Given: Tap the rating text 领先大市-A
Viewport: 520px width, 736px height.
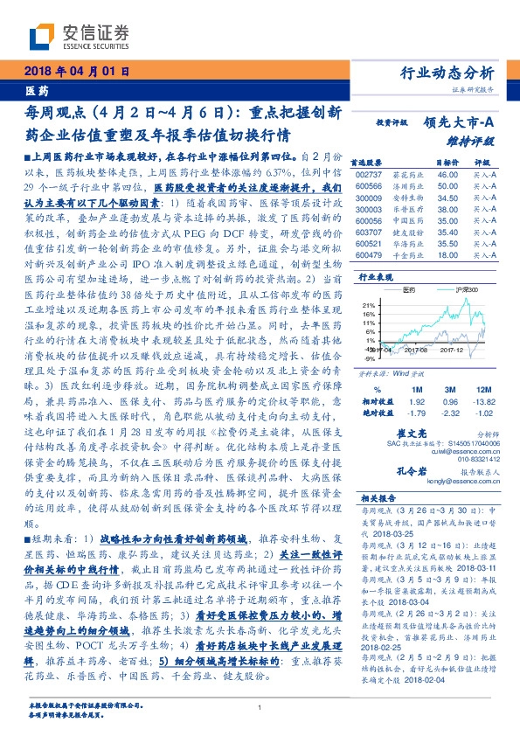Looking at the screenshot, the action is (x=461, y=123).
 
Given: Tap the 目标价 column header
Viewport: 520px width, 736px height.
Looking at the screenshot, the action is (x=447, y=163).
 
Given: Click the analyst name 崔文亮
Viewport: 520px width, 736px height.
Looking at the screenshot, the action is (x=420, y=433).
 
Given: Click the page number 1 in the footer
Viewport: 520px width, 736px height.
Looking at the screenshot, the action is (x=260, y=707).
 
